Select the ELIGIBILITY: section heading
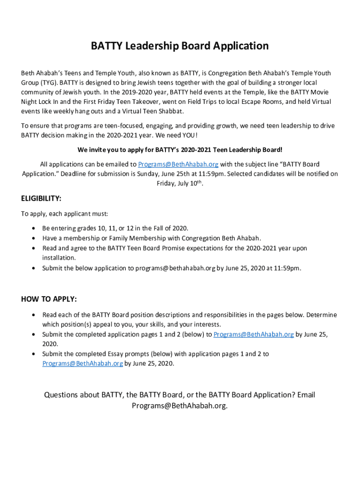coord(41,198)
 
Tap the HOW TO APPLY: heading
coord(49,299)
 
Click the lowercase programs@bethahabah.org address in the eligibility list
coord(175,268)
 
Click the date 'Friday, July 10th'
coord(180,184)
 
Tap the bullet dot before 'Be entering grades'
coord(33,228)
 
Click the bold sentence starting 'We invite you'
coord(180,150)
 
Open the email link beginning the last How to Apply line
coord(83,363)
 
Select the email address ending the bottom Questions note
coord(180,406)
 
